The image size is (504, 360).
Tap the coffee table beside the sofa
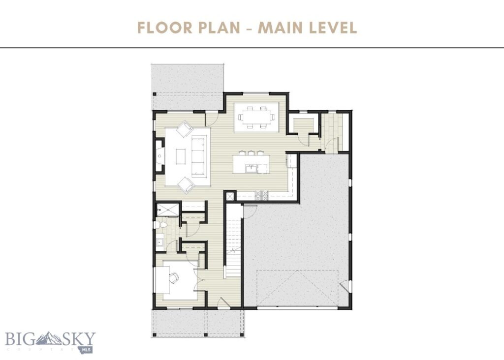pyautogui.click(x=180, y=156)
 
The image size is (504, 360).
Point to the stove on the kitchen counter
pyautogui.click(x=261, y=195)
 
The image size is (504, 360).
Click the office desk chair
pyautogui.click(x=174, y=278)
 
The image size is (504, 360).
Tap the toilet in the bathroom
pyautogui.click(x=161, y=225)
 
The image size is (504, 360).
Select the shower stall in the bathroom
pyautogui.click(x=167, y=209)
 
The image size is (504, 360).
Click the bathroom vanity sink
pyautogui.click(x=160, y=241)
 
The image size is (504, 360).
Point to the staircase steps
pyautogui.click(x=233, y=241)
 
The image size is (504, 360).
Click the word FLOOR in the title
pyautogui.click(x=163, y=28)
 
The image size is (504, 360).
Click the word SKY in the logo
pyautogui.click(x=79, y=339)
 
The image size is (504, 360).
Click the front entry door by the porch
pyautogui.click(x=223, y=303)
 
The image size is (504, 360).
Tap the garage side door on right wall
pyautogui.click(x=346, y=286)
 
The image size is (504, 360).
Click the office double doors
pyautogui.click(x=198, y=278)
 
